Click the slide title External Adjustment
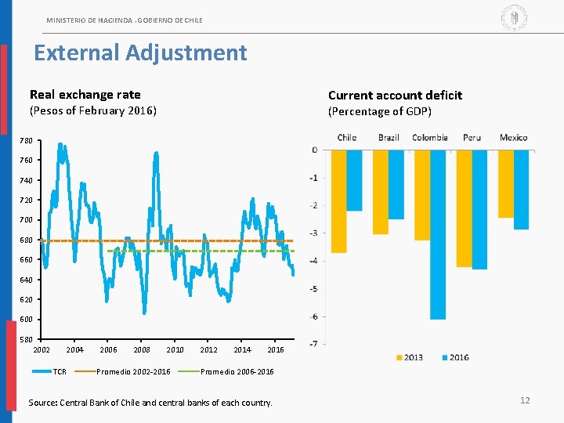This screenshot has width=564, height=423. pyautogui.click(x=140, y=53)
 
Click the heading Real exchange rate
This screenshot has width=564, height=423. pyautogui.click(x=85, y=95)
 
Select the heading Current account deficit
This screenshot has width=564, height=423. pyautogui.click(x=395, y=96)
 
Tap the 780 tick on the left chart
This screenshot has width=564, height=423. pyautogui.click(x=27, y=141)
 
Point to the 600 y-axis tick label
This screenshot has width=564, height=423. pyautogui.click(x=27, y=320)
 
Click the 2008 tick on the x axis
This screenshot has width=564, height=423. pyautogui.click(x=142, y=349)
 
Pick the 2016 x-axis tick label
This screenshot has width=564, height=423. pyautogui.click(x=276, y=349)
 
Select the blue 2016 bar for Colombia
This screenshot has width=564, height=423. pyautogui.click(x=438, y=234)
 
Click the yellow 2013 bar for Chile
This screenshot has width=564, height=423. pyautogui.click(x=338, y=201)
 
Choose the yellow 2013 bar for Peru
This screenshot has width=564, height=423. pyautogui.click(x=464, y=208)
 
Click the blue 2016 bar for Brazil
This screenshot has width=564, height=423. pyautogui.click(x=396, y=184)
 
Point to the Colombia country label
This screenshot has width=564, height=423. pyautogui.click(x=430, y=138)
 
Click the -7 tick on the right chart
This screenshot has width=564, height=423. pyautogui.click(x=313, y=344)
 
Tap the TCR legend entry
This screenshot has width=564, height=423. pyautogui.click(x=60, y=371)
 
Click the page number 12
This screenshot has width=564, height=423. pyautogui.click(x=525, y=400)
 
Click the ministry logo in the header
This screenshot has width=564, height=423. pyautogui.click(x=514, y=16)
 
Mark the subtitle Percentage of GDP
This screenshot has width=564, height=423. pyautogui.click(x=380, y=111)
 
